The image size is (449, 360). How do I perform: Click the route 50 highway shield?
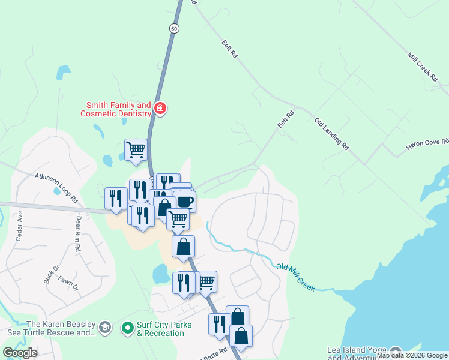coord(174,29)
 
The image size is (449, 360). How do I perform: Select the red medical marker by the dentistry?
coord(160,109)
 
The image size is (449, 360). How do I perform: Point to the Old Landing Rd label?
coord(331,134)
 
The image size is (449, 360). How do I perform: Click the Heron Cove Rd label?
coord(427,145)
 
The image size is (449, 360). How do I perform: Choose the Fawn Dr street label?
coord(68,283)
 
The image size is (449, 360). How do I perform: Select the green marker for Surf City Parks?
coord(127,328)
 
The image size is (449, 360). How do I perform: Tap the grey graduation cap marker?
coord(105,327)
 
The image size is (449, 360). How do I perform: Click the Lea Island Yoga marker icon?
coord(396,352)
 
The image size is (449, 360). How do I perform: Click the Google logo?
coord(20,353)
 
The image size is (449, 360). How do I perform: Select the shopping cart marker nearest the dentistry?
coord(136,149)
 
